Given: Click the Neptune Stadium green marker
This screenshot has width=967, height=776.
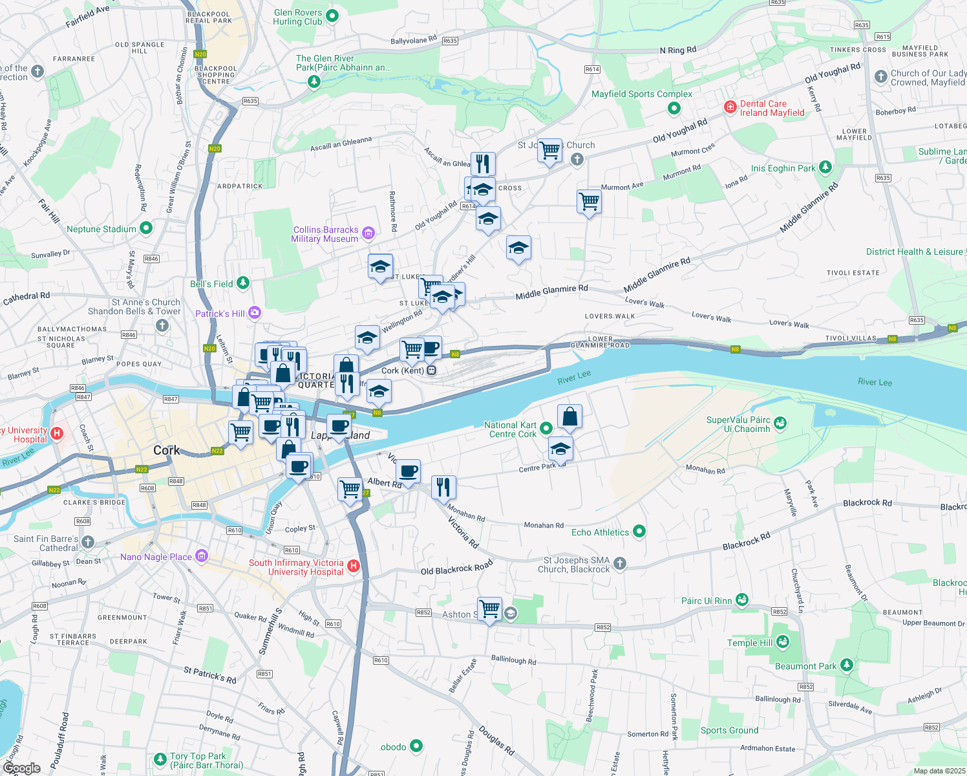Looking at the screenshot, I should click(x=146, y=228).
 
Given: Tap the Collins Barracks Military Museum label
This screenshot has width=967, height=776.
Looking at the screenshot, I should click(x=325, y=234).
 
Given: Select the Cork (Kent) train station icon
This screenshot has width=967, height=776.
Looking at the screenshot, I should click(x=431, y=371).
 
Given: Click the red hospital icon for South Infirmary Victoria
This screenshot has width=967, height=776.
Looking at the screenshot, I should click(x=353, y=567).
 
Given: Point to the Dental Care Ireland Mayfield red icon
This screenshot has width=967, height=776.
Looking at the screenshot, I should click(x=730, y=107).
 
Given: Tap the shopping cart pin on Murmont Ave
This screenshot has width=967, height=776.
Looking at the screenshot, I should click(x=589, y=202).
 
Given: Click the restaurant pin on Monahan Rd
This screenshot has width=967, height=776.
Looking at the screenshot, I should click(x=443, y=486).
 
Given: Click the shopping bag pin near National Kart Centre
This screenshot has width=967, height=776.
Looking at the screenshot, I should click(x=569, y=417).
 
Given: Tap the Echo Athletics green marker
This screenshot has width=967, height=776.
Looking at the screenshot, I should click(x=639, y=532).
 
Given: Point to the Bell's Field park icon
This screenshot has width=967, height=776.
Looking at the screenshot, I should click(x=242, y=283).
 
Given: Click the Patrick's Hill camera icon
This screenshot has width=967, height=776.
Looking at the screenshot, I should click(x=254, y=313).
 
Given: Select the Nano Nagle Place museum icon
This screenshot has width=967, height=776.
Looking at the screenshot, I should click(x=201, y=556).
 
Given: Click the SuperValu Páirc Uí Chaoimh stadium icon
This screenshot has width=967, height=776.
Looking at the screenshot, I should click(x=780, y=424).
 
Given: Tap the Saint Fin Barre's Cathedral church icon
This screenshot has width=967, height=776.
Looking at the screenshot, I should click(x=88, y=543).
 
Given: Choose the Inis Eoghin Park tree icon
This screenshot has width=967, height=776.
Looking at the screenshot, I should click(x=825, y=167).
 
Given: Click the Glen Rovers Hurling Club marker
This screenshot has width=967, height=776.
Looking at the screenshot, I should click(x=332, y=16).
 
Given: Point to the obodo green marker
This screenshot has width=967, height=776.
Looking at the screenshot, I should click(x=416, y=746).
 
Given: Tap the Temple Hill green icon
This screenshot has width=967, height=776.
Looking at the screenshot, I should click(x=783, y=642).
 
